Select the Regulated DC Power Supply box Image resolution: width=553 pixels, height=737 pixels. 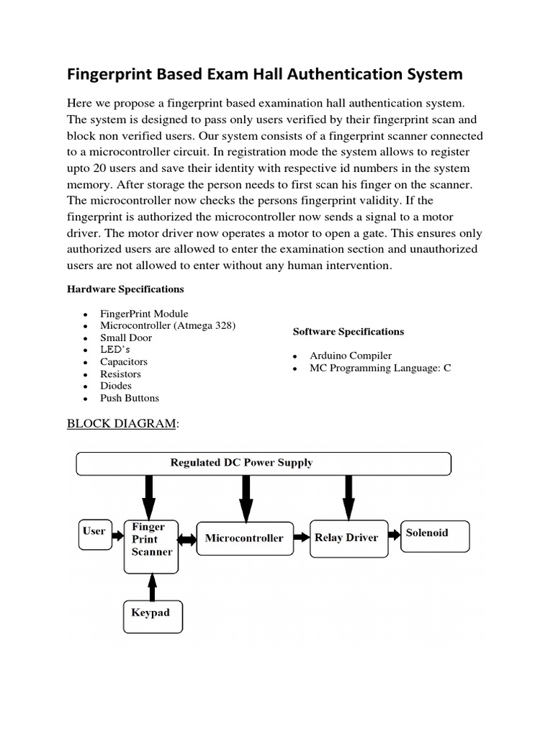click(x=264, y=463)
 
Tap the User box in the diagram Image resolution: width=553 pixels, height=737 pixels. click(x=95, y=533)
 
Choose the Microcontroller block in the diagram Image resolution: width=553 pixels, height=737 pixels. click(x=245, y=538)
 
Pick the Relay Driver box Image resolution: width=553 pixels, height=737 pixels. click(x=346, y=538)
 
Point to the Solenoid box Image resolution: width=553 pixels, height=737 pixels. click(x=434, y=534)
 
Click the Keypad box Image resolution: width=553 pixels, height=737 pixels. click(x=151, y=616)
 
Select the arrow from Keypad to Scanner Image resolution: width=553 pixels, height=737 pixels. click(x=151, y=586)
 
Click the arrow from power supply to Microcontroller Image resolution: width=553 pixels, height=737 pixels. click(x=246, y=497)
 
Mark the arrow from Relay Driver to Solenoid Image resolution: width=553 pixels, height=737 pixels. click(x=392, y=535)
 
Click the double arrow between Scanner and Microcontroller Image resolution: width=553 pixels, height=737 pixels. click(x=186, y=538)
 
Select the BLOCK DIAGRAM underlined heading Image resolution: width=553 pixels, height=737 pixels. click(x=121, y=423)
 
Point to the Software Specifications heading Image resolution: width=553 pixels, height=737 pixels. click(x=348, y=332)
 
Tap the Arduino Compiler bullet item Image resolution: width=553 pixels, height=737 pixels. click(x=351, y=356)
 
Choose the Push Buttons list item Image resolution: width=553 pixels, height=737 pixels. click(x=130, y=398)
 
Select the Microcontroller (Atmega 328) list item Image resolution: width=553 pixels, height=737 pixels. click(x=168, y=325)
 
